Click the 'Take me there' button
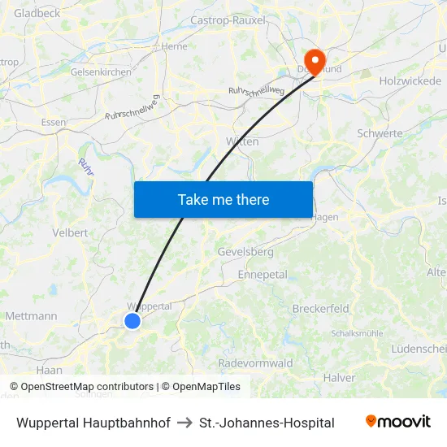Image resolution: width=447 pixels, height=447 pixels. (x=223, y=199)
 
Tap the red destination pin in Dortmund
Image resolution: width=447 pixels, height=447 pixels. (x=313, y=59)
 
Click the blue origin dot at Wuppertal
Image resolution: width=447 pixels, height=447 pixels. (x=132, y=321)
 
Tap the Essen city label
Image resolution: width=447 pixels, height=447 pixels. (x=54, y=123)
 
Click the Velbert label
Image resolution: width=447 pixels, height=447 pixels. (x=70, y=232)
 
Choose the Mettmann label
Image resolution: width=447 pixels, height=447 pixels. (x=31, y=316)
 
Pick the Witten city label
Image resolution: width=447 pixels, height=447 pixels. (x=242, y=141)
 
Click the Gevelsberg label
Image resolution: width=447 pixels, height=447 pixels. (x=245, y=252)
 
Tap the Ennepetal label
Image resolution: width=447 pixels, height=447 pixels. (x=263, y=275)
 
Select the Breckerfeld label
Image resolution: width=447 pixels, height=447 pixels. (x=320, y=309)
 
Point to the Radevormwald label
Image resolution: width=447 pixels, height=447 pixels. (x=255, y=363)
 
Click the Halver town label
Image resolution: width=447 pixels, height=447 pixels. (x=339, y=378)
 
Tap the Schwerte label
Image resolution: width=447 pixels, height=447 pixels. (x=380, y=133)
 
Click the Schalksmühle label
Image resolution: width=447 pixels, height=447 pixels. (x=357, y=333)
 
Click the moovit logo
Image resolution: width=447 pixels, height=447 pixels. (x=398, y=422)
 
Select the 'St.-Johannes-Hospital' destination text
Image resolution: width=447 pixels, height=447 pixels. (x=267, y=423)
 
